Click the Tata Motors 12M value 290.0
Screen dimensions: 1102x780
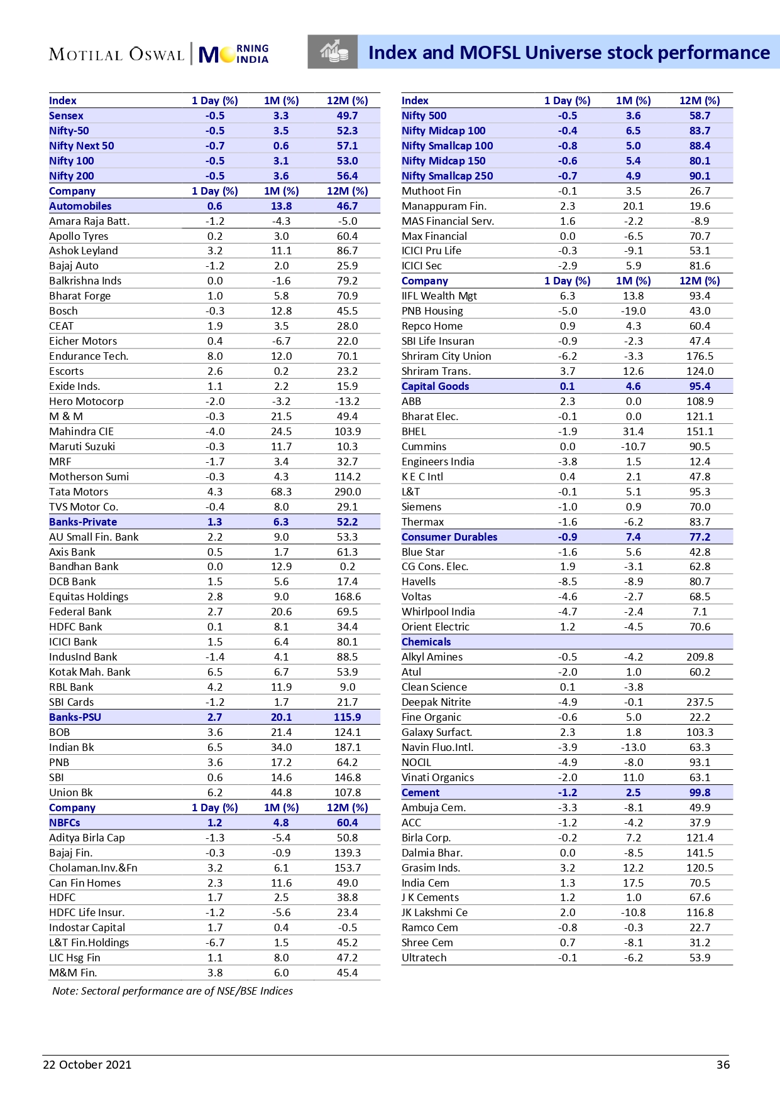tap(347, 492)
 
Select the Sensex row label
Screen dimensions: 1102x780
tap(66, 116)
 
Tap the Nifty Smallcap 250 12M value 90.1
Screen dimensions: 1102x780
tap(700, 176)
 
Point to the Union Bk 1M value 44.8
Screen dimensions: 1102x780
tap(281, 792)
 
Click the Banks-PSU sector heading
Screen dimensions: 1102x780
tap(75, 717)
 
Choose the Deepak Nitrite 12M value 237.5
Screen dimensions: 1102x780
tap(700, 702)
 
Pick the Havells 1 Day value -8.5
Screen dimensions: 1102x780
tap(567, 581)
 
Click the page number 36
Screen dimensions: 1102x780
tap(723, 1064)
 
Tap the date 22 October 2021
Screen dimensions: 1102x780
tap(87, 1064)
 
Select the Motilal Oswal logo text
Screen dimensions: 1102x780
tap(117, 54)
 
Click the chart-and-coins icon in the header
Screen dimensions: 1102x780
tap(333, 51)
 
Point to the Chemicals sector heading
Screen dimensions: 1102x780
tap(426, 642)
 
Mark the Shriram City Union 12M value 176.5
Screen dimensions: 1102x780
tap(700, 356)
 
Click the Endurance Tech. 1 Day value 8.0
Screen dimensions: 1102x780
tap(215, 356)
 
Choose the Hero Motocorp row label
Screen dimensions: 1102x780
tap(86, 401)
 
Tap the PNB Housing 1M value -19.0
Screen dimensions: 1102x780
tap(633, 311)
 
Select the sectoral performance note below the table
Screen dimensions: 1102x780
tap(172, 991)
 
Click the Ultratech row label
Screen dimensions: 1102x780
tap(424, 958)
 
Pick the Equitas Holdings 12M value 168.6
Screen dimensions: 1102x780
tap(347, 597)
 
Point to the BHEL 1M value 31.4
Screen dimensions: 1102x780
tap(633, 431)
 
